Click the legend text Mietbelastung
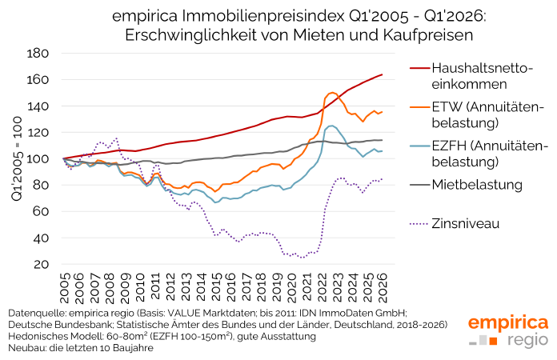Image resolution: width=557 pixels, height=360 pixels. tap(477, 185)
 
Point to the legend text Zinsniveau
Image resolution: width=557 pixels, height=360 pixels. tap(465, 223)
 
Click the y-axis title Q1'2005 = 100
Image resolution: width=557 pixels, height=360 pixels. tap(13, 158)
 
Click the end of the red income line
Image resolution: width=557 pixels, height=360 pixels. tap(382, 74)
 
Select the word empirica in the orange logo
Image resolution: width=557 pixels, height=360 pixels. tap(508, 323)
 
